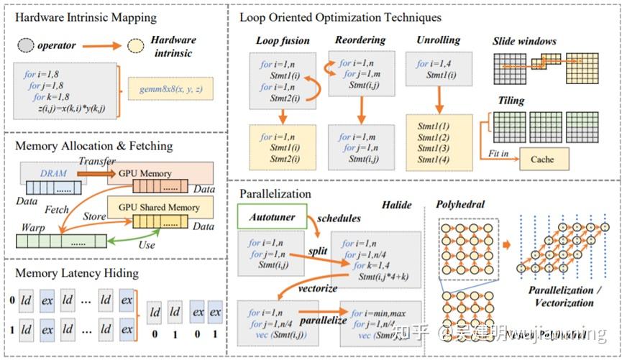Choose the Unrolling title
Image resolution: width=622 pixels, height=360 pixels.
[x=438, y=40]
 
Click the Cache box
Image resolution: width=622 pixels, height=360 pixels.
[x=542, y=159]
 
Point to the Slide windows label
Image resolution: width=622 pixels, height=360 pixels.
[x=524, y=41]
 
